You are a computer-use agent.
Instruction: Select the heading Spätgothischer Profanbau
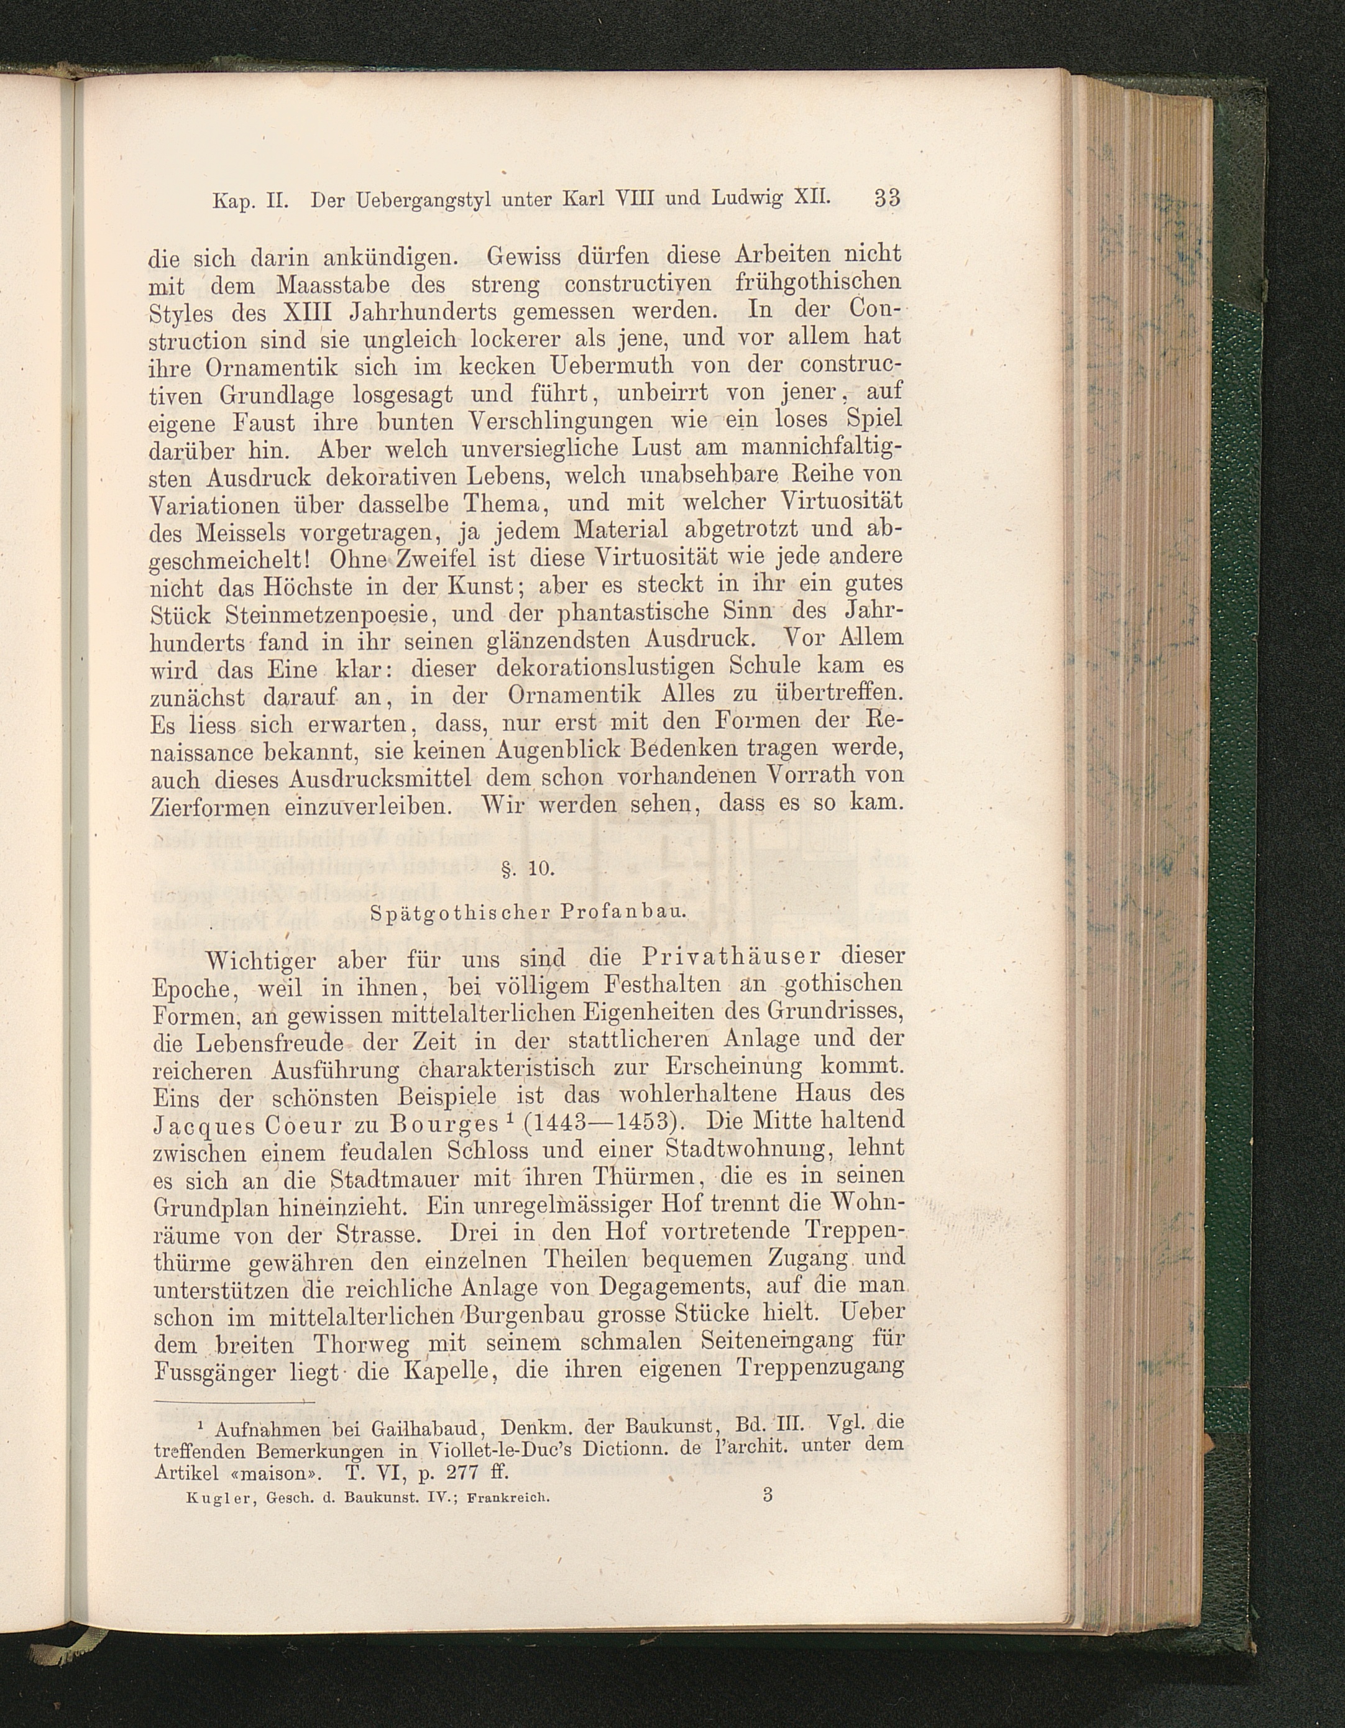pyautogui.click(x=528, y=911)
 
